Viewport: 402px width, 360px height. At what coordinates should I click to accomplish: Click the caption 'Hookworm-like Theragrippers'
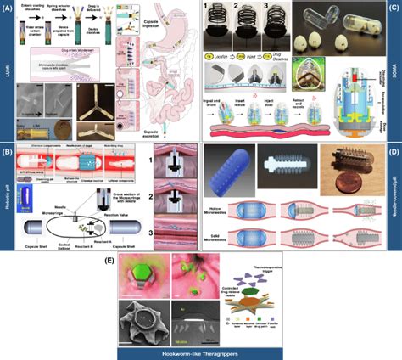[x=202, y=350]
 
